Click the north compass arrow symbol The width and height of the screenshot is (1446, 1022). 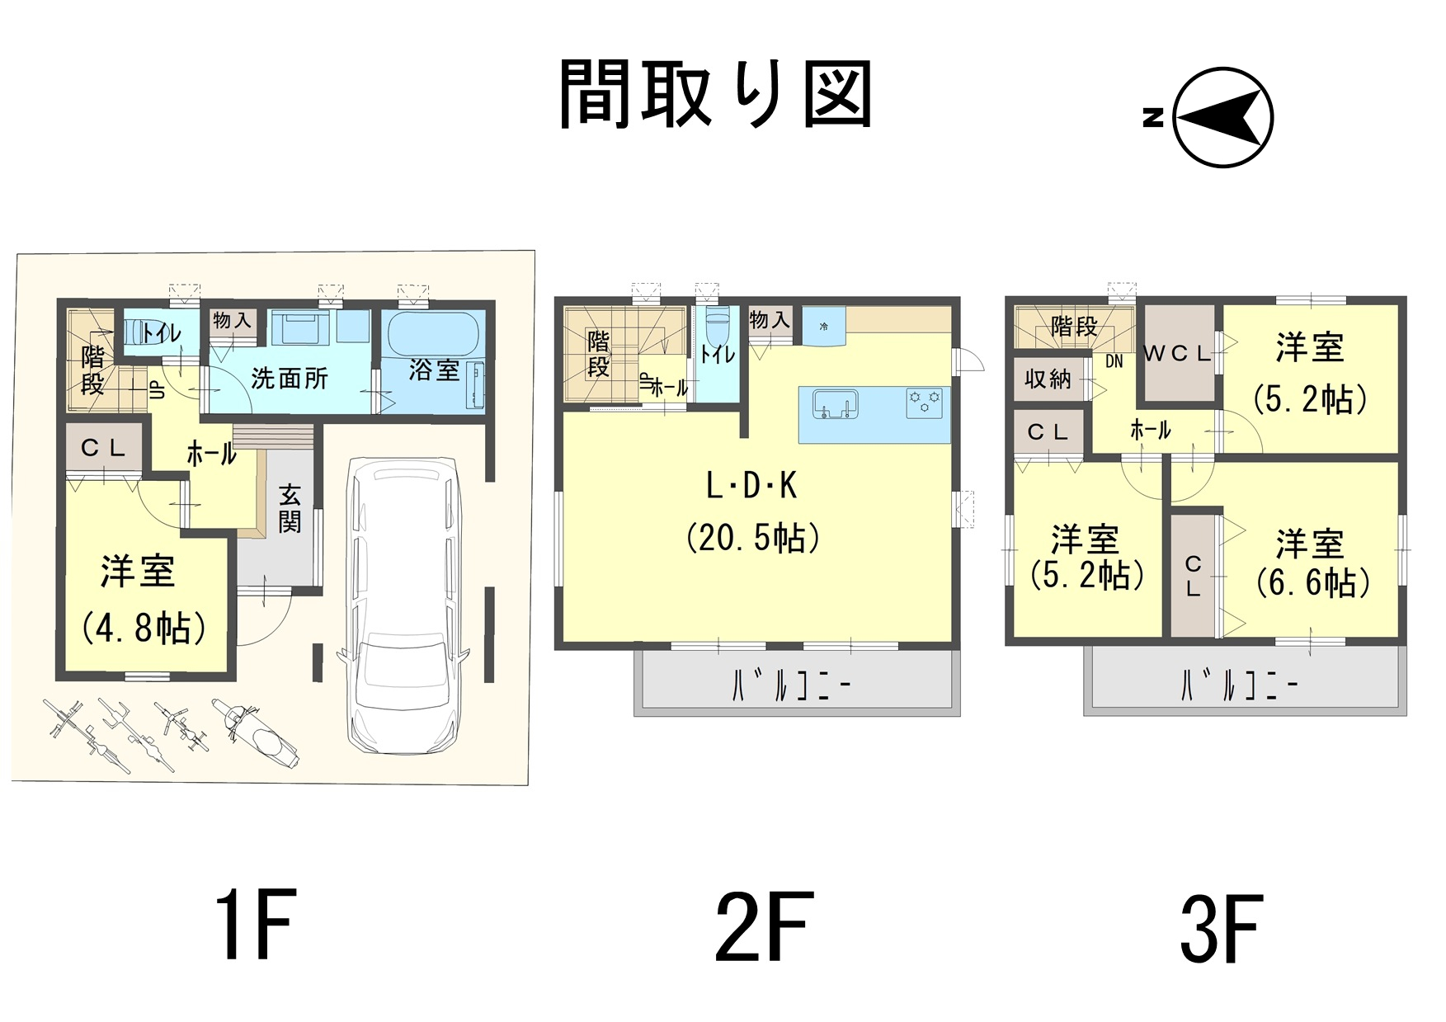pos(1222,117)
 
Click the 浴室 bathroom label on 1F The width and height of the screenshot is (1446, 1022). pos(434,370)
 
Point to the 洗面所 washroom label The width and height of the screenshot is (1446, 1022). pos(290,379)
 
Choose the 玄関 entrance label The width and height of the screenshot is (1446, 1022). pos(290,508)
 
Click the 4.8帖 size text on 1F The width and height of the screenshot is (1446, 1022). pos(144,629)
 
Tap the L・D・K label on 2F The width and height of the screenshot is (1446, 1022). pos(751,487)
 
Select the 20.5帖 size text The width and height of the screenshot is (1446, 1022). pos(753,538)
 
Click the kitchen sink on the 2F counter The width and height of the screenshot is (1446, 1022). pos(836,405)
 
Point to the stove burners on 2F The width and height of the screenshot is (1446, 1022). pos(924,403)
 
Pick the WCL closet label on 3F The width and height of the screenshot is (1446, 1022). pos(1177,354)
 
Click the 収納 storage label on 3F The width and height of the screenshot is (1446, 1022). pos(1048,379)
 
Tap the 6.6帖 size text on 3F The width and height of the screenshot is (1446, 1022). pos(1313,583)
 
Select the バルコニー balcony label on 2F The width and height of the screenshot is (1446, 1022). pos(791,685)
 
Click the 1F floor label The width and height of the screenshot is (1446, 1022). pos(256,925)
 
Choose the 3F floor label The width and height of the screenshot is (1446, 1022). pos(1222,929)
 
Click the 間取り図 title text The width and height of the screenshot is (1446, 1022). pos(715,95)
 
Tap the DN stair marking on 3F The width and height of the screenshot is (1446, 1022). pos(1114,361)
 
